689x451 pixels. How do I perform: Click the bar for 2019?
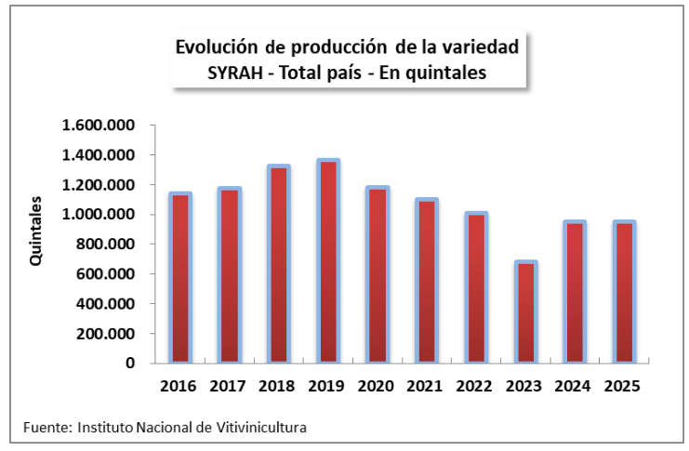[328, 261]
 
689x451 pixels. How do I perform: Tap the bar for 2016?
[179, 278]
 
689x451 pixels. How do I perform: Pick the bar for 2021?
[428, 281]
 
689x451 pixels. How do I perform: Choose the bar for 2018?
[279, 264]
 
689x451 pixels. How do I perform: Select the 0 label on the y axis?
[131, 364]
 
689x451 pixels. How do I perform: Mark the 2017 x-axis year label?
[229, 385]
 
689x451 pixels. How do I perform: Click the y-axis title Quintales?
[36, 232]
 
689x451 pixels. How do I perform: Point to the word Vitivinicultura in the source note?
[260, 428]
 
